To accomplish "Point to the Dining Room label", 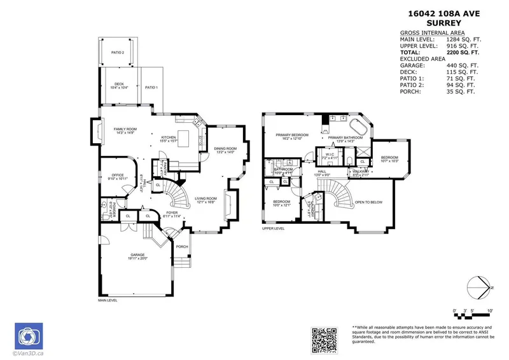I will tap(225, 148).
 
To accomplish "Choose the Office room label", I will tap(117, 175).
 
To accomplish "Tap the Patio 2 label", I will tap(118, 53).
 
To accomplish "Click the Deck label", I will tap(119, 84).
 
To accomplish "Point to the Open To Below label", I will tap(368, 202).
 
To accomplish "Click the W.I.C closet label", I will tap(330, 153).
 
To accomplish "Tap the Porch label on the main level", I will tap(181, 247).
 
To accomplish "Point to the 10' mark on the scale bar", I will tap(489, 310).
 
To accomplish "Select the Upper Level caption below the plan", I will tap(273, 228).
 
